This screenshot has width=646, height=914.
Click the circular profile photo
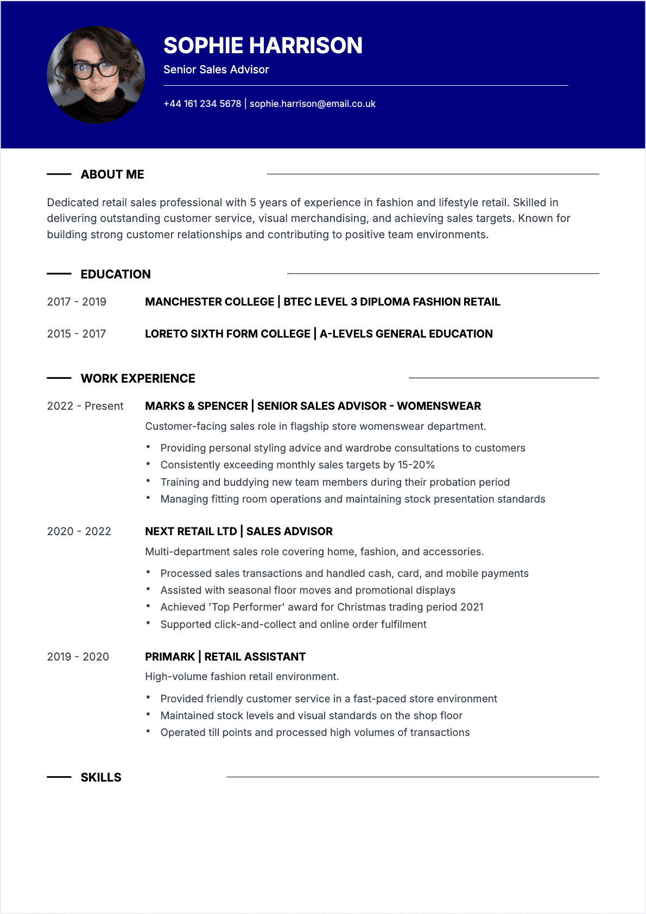pos(96,75)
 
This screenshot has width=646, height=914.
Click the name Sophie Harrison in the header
pos(263,46)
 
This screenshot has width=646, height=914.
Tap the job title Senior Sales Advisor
pos(216,69)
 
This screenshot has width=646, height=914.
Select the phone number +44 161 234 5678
pos(202,104)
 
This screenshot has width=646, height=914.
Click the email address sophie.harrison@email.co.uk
pos(312,104)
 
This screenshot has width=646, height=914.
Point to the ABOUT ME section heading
pos(112,174)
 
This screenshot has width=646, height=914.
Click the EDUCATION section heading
pos(116,274)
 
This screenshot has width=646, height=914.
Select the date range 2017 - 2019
pos(77,302)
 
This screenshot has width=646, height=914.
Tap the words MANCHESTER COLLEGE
pos(210,302)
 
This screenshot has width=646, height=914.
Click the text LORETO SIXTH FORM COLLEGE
pos(227,334)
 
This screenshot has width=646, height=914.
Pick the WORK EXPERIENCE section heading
pos(138,378)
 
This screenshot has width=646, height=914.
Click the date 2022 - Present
pos(85,406)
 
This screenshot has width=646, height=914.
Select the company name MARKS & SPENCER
pos(197,406)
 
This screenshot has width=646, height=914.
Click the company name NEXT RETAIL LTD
pos(191,531)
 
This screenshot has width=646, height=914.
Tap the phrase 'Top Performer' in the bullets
pos(246,607)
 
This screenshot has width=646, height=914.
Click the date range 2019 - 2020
pos(78,657)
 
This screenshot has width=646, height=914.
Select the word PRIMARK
pos(170,657)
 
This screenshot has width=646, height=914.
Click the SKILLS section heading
pos(101,777)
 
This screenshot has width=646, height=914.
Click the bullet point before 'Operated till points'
pos(148,732)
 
